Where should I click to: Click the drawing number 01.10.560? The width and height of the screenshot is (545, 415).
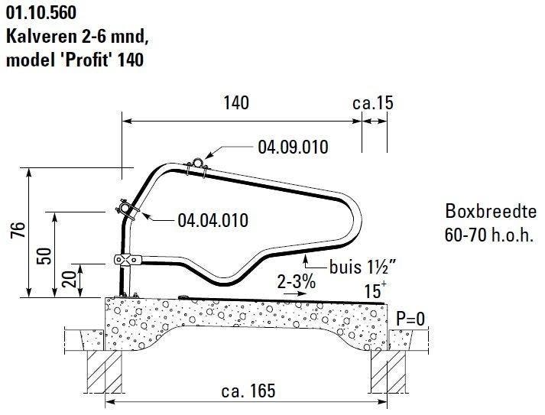coord(41,12)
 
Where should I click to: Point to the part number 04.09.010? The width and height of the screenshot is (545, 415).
coord(293,147)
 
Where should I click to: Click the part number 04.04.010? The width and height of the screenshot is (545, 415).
coord(212,221)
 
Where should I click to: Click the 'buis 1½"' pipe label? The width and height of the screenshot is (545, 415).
coord(366,267)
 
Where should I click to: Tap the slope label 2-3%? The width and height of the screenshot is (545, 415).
coord(297,281)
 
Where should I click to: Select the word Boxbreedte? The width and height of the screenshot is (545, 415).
coord(482,211)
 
